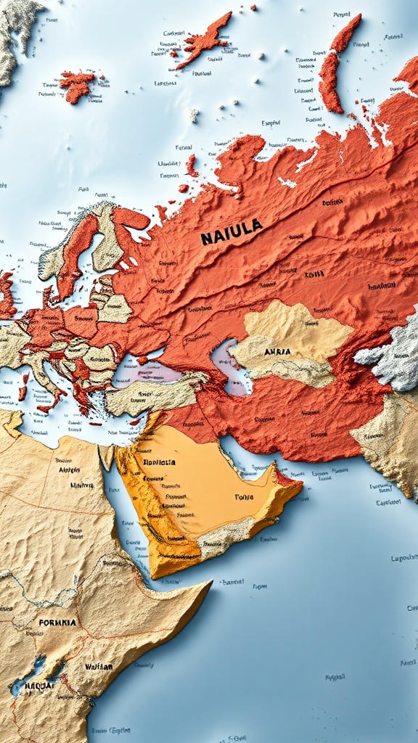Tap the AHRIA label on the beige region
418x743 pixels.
277,351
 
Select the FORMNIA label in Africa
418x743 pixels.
57,622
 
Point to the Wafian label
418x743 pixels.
99,666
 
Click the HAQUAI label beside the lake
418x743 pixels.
39,685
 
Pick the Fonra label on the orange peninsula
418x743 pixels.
245,497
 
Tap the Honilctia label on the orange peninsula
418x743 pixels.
159,461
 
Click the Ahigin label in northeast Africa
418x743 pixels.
70,469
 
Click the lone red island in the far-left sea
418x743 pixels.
78,85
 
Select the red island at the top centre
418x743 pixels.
204,41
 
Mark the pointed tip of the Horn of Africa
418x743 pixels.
208,585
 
